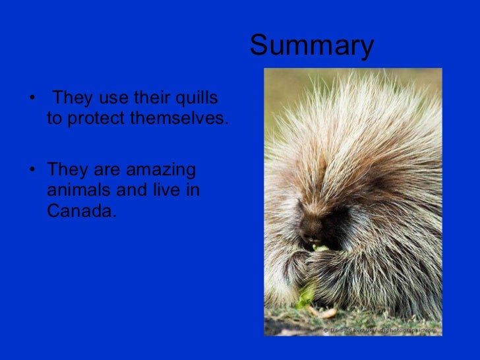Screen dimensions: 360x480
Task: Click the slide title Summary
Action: coord(311,46)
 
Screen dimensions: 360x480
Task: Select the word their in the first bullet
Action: coord(148,99)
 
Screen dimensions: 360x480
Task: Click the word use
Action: coord(109,99)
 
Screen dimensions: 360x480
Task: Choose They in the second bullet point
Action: coord(67,170)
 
